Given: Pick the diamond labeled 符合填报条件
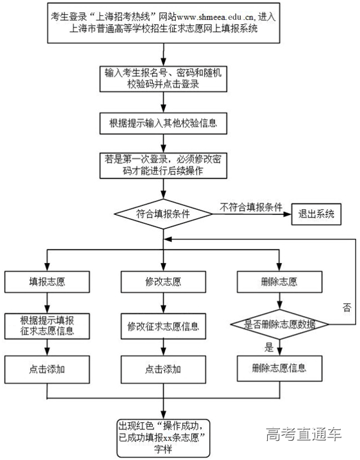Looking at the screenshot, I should pos(163,214).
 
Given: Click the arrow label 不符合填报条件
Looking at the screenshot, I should pos(251,207).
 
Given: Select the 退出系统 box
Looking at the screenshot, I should pos(316,214).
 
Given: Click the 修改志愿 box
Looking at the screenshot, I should pos(163,281).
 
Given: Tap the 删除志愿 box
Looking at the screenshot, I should pos(278,281).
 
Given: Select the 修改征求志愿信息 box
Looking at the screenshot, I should pos(163,326).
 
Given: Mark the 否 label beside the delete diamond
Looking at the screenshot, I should pos(347,307).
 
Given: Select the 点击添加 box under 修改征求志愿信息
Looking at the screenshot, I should pos(163,369).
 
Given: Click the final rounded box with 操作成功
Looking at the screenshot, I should pos(163,436).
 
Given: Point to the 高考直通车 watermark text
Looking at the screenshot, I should pos(304,434).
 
